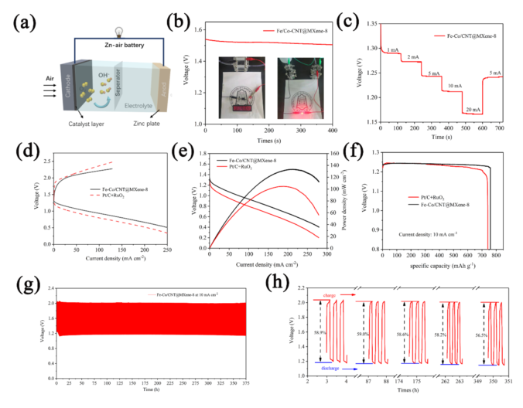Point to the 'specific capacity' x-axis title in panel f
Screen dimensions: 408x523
(438, 265)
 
